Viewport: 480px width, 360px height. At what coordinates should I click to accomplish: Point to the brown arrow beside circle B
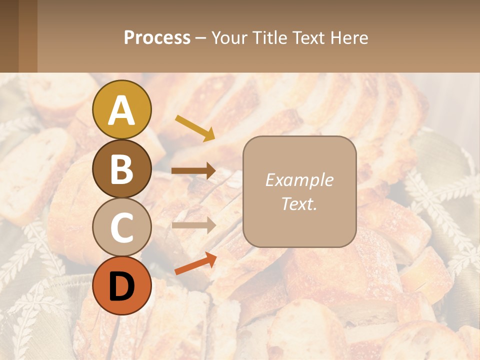click(x=193, y=171)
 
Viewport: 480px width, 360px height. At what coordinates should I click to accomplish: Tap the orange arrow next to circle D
click(x=195, y=263)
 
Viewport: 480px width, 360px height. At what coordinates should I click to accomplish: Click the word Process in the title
click(x=157, y=38)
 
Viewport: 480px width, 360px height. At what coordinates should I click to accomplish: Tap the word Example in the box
click(x=299, y=180)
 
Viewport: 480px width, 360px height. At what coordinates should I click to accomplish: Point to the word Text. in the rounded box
click(x=299, y=203)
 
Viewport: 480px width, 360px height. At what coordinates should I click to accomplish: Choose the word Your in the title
click(x=229, y=38)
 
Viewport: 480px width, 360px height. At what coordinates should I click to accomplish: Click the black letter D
click(x=121, y=287)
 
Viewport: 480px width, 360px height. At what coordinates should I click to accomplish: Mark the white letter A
click(x=121, y=111)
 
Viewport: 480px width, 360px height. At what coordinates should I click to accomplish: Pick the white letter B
click(x=121, y=169)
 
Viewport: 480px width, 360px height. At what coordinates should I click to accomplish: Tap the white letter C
click(x=121, y=228)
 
